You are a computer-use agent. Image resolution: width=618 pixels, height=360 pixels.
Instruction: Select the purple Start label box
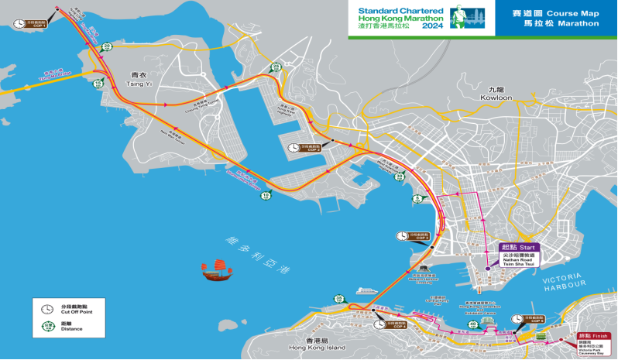(x=517, y=247)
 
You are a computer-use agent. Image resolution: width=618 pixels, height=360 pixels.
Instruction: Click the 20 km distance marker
(x=107, y=47)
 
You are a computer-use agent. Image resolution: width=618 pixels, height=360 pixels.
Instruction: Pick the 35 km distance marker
(x=338, y=298)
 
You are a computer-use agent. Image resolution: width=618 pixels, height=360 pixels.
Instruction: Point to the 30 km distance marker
(x=399, y=177)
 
